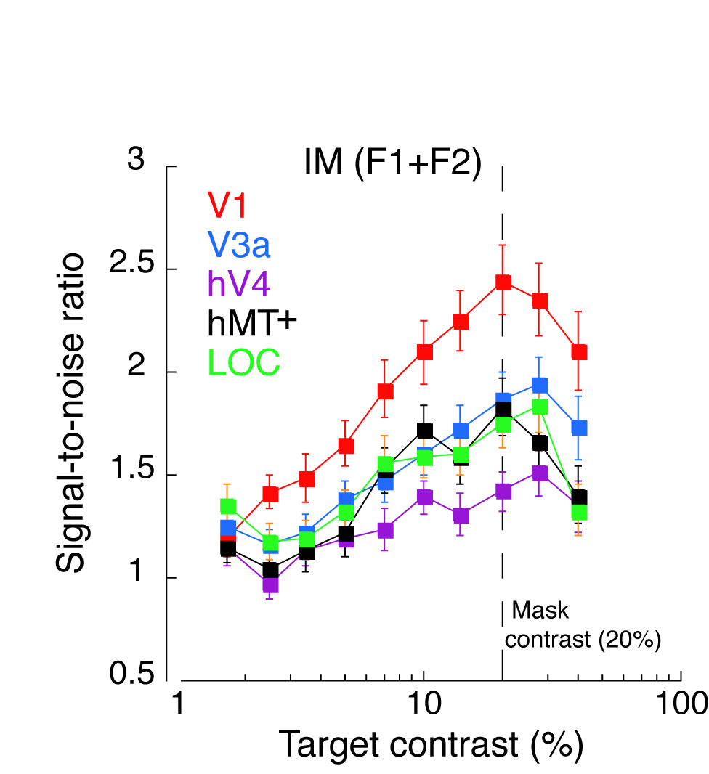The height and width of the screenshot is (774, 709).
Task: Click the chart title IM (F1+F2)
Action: [x=393, y=163]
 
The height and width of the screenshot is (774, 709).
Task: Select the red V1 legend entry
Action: [x=228, y=205]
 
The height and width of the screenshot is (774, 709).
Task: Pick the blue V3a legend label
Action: [x=239, y=245]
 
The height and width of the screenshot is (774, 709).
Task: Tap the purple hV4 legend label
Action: [x=239, y=284]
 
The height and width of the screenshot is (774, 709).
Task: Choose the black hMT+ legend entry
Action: [x=253, y=323]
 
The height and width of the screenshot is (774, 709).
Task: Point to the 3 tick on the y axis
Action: [x=136, y=161]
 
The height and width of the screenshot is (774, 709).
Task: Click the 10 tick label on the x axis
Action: [x=422, y=706]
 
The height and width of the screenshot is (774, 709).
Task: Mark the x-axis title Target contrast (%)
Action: [x=431, y=745]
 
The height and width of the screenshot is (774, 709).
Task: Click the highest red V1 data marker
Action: [x=503, y=282]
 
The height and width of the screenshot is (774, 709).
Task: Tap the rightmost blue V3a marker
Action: [x=579, y=428]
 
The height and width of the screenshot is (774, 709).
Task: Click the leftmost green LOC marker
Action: [x=228, y=506]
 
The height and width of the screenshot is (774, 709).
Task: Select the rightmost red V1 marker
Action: [x=579, y=352]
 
